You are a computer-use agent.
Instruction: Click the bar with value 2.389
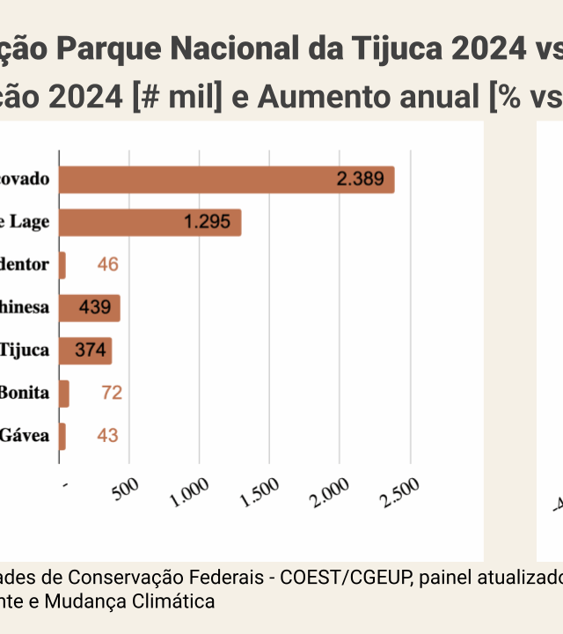coord(226,180)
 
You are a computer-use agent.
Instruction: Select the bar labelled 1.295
coord(150,223)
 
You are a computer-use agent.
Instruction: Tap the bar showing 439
coord(89,308)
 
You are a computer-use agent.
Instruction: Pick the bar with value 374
coord(84,350)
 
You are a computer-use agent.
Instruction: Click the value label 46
coord(108,265)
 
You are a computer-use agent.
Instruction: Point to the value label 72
coord(112,393)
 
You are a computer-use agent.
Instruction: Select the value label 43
coord(108,435)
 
